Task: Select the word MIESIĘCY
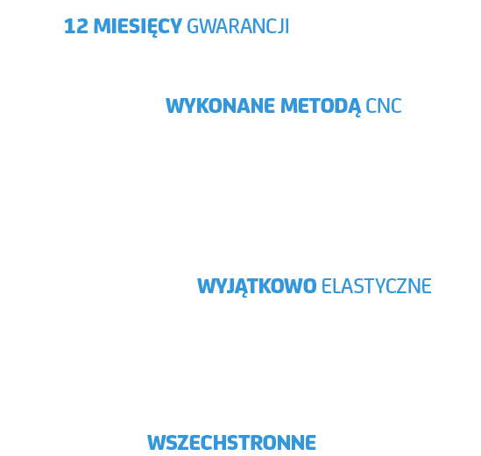[138, 27]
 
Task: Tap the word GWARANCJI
[237, 26]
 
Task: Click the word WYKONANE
[220, 106]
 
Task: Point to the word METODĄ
[321, 108]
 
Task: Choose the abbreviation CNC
[384, 106]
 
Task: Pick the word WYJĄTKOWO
[257, 287]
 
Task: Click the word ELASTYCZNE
[377, 286]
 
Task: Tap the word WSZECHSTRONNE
[231, 442]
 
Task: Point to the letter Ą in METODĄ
[354, 108]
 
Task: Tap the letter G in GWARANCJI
[193, 26]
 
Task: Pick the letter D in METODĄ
[340, 106]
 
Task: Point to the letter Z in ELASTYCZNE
[401, 286]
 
